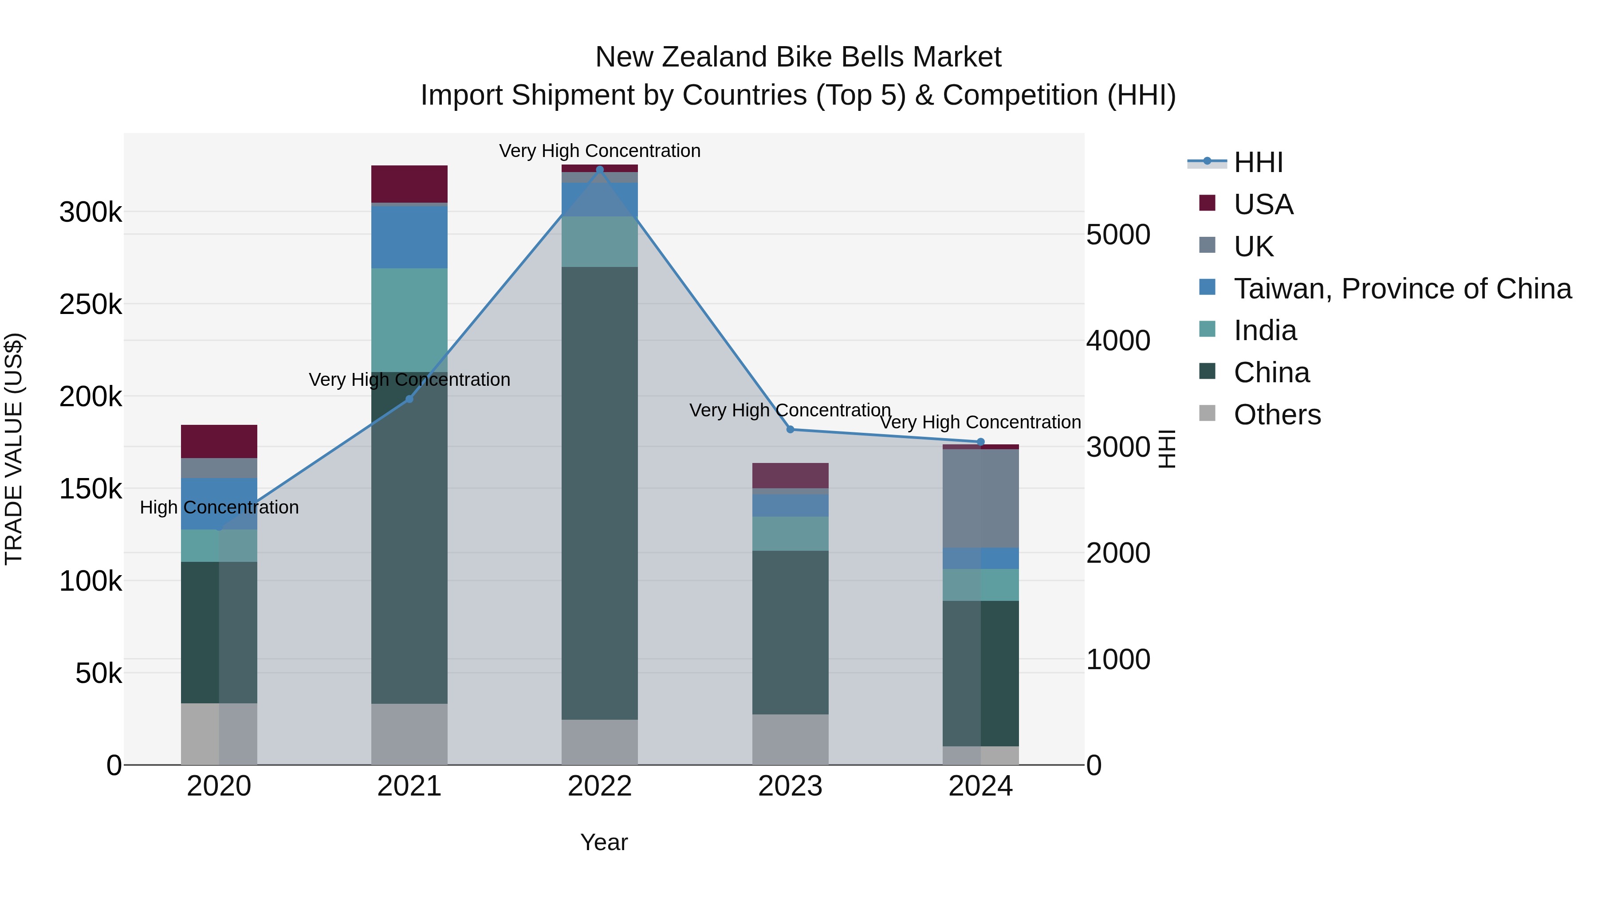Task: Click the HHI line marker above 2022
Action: point(599,170)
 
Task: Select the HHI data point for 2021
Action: point(409,399)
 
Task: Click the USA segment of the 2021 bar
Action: point(409,184)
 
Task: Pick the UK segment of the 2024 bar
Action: point(981,498)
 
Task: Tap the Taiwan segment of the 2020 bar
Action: point(219,503)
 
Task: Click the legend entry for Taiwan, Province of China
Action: point(1401,289)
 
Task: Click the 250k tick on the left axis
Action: point(90,304)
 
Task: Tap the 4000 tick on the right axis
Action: point(1118,341)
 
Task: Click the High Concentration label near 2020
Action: point(219,508)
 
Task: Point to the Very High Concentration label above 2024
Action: point(980,422)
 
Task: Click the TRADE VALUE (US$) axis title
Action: point(14,449)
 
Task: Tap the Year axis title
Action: point(604,842)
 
